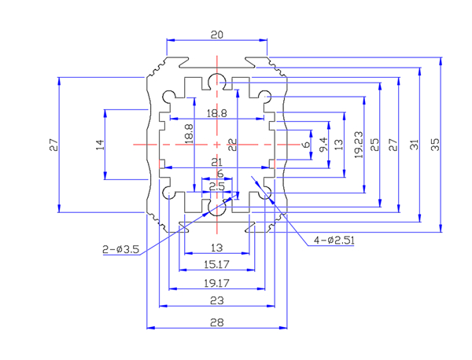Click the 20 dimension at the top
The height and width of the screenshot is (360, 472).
pos(217,35)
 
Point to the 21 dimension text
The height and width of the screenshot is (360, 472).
pos(217,162)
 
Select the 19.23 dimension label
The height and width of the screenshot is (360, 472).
pos(358,143)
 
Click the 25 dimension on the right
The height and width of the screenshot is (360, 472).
pos(375,144)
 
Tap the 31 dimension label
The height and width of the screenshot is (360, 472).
pos(413,144)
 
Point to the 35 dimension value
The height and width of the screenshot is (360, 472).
pos(434,144)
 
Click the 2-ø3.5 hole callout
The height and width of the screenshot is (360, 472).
pos(121,249)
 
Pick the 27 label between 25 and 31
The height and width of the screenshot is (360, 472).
pos(393,144)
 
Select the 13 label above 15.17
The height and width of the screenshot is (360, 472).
pos(217,248)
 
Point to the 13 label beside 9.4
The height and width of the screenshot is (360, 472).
pos(338,144)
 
